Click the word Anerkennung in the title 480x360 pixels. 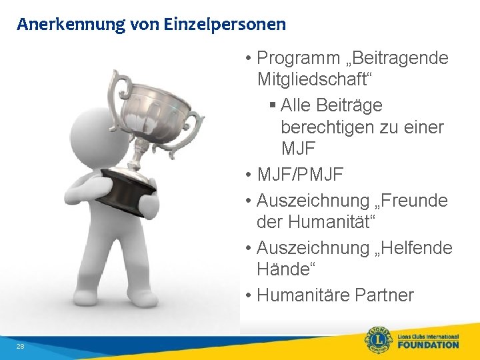pos(61,25)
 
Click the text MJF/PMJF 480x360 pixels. pos(300,175)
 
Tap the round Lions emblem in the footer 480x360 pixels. pos(378,340)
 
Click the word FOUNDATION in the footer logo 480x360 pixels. pos(428,345)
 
